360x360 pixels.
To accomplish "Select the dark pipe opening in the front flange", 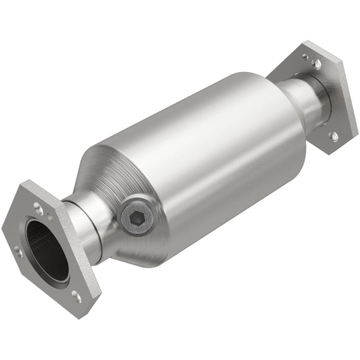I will click(47, 248).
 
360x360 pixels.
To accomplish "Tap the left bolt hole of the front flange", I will click(17, 251).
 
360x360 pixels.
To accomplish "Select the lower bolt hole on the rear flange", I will click(334, 135).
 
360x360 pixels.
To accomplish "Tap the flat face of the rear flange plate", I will click(329, 93).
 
